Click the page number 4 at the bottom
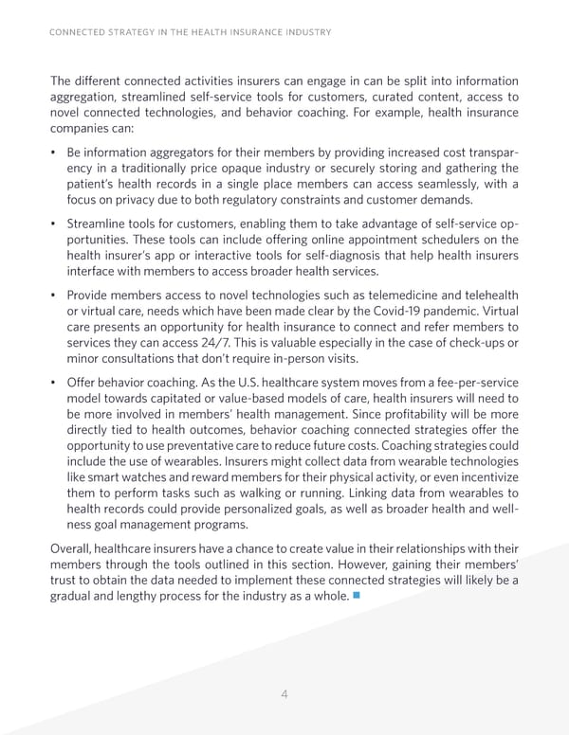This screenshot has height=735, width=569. click(284, 694)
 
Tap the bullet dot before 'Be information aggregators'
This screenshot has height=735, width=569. click(53, 152)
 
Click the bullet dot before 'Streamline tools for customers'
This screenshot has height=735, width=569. click(53, 224)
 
